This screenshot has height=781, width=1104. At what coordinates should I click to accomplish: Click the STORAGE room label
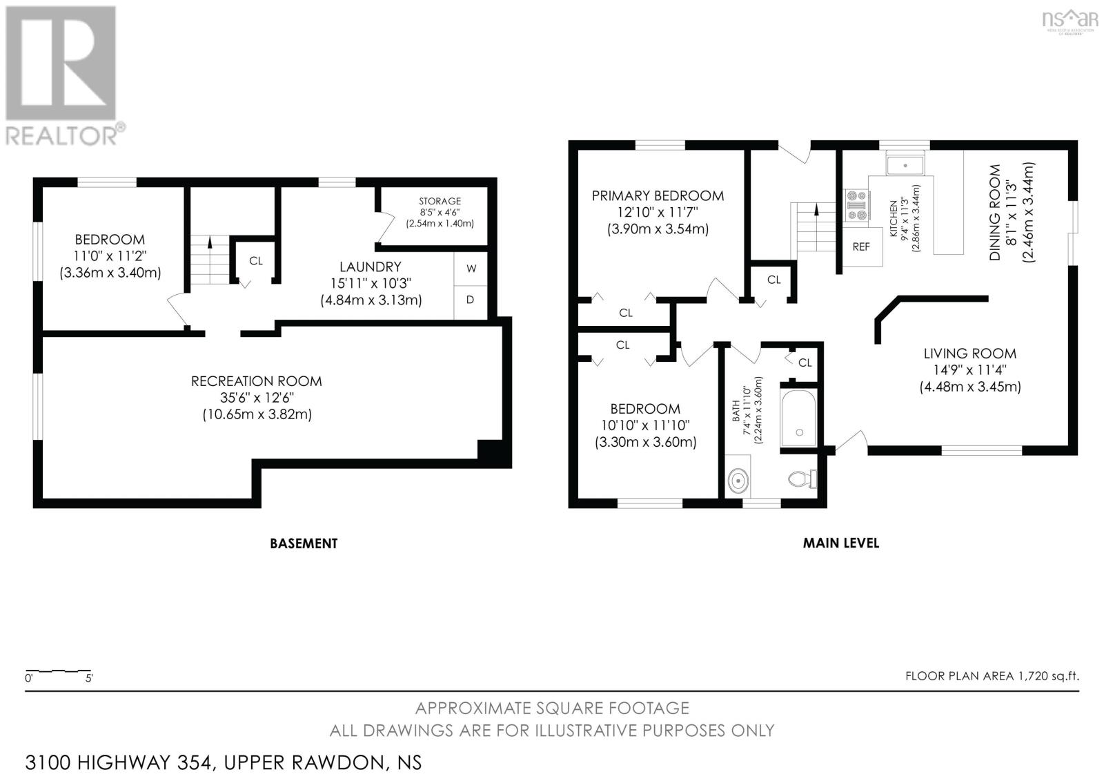(x=440, y=201)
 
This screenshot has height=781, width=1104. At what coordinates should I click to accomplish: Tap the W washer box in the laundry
(x=471, y=269)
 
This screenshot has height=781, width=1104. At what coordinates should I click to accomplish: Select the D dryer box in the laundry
(x=471, y=300)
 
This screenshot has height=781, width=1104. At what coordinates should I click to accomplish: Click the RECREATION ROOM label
(x=257, y=381)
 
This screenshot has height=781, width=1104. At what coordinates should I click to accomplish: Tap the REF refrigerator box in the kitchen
(x=861, y=247)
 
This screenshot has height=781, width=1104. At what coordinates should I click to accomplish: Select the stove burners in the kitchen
(x=857, y=205)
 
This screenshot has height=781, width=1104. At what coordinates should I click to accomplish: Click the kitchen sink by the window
(x=905, y=165)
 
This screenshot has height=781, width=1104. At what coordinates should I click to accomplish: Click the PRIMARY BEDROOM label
(x=658, y=195)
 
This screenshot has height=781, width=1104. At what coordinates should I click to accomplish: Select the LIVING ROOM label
(x=969, y=354)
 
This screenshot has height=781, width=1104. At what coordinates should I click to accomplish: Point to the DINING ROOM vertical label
(x=995, y=212)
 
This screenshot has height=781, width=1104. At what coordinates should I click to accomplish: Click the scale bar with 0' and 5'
(x=59, y=674)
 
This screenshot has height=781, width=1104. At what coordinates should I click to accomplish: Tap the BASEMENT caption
(x=304, y=543)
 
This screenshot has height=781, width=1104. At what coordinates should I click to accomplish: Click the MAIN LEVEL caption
(x=840, y=543)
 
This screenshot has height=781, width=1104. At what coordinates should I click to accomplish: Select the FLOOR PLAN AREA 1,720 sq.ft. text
(x=992, y=676)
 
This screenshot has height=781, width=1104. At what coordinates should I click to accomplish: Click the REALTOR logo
(x=62, y=76)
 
